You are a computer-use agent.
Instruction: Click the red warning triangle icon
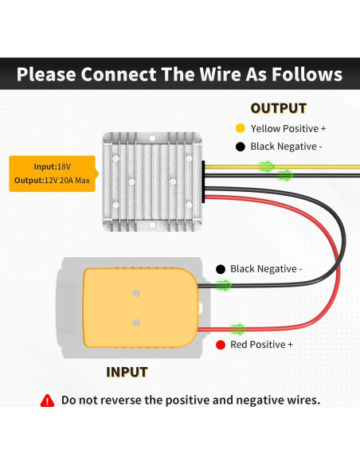[x=47, y=401]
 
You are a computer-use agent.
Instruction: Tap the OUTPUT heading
[x=279, y=108]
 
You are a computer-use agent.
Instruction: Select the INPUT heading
[x=127, y=372]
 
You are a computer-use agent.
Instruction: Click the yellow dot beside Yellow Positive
[x=241, y=128]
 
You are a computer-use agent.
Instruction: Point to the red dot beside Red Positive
[x=221, y=345]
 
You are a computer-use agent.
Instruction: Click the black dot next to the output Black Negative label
[x=241, y=147]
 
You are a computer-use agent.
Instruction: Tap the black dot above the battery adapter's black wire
[x=221, y=269]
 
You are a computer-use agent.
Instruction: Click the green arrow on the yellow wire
[x=267, y=166]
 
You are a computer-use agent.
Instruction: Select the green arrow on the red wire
[x=238, y=329]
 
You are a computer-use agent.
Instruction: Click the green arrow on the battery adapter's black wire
[x=224, y=285]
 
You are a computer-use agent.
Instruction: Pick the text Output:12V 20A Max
[x=53, y=180]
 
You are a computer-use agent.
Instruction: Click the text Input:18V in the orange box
[x=53, y=166]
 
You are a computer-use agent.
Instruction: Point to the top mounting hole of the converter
[x=152, y=138]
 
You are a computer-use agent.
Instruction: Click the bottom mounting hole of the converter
[x=152, y=225]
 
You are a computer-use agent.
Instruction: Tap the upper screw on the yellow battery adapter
[x=136, y=293]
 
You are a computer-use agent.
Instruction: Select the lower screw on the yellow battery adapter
[x=136, y=322]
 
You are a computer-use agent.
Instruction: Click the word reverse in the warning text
[x=118, y=401]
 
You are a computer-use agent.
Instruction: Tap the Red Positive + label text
[x=261, y=345]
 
